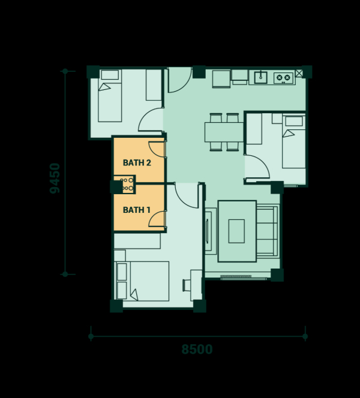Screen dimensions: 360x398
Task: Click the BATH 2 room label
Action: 137,162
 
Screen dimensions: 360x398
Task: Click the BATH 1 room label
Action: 137,210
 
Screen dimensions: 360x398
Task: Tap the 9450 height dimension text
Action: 55,178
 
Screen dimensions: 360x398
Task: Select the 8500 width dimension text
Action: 197,349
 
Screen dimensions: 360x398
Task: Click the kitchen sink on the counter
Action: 260,77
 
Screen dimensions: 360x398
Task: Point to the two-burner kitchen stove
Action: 283,78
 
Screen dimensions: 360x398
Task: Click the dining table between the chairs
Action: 224,132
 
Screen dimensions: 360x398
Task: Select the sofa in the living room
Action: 268,231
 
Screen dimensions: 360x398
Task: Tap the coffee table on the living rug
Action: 236,231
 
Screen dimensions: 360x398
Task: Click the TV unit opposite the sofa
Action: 211,231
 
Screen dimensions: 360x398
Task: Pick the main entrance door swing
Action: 179,80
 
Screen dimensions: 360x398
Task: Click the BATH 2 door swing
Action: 157,149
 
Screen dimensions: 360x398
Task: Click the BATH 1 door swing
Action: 157,219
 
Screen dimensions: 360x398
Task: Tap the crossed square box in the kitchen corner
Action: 299,73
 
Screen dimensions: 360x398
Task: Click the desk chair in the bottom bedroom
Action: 187,285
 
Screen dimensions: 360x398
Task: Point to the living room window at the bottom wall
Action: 236,277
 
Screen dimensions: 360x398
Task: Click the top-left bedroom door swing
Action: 151,119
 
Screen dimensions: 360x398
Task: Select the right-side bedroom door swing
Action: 257,166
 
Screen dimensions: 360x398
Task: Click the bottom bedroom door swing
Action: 187,195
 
